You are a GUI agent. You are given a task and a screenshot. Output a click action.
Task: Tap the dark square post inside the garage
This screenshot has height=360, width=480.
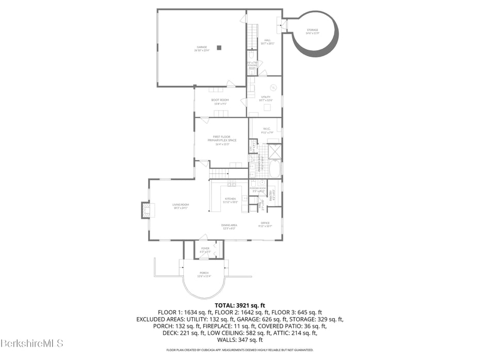pos(219,48)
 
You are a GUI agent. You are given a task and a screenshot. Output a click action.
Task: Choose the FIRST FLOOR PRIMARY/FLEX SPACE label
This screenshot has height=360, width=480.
pos(221,140)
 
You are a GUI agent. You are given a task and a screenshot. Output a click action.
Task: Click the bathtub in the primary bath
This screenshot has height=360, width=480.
pos(275,169)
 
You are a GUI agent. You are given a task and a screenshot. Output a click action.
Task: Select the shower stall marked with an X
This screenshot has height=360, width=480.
pos(275,151)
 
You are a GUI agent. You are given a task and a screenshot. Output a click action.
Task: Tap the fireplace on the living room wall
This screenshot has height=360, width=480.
pos(147,210)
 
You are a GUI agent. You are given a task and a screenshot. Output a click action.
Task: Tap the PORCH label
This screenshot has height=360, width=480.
pos(205,274)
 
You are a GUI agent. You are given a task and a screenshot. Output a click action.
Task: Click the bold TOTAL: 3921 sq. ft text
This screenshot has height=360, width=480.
pos(239,305)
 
